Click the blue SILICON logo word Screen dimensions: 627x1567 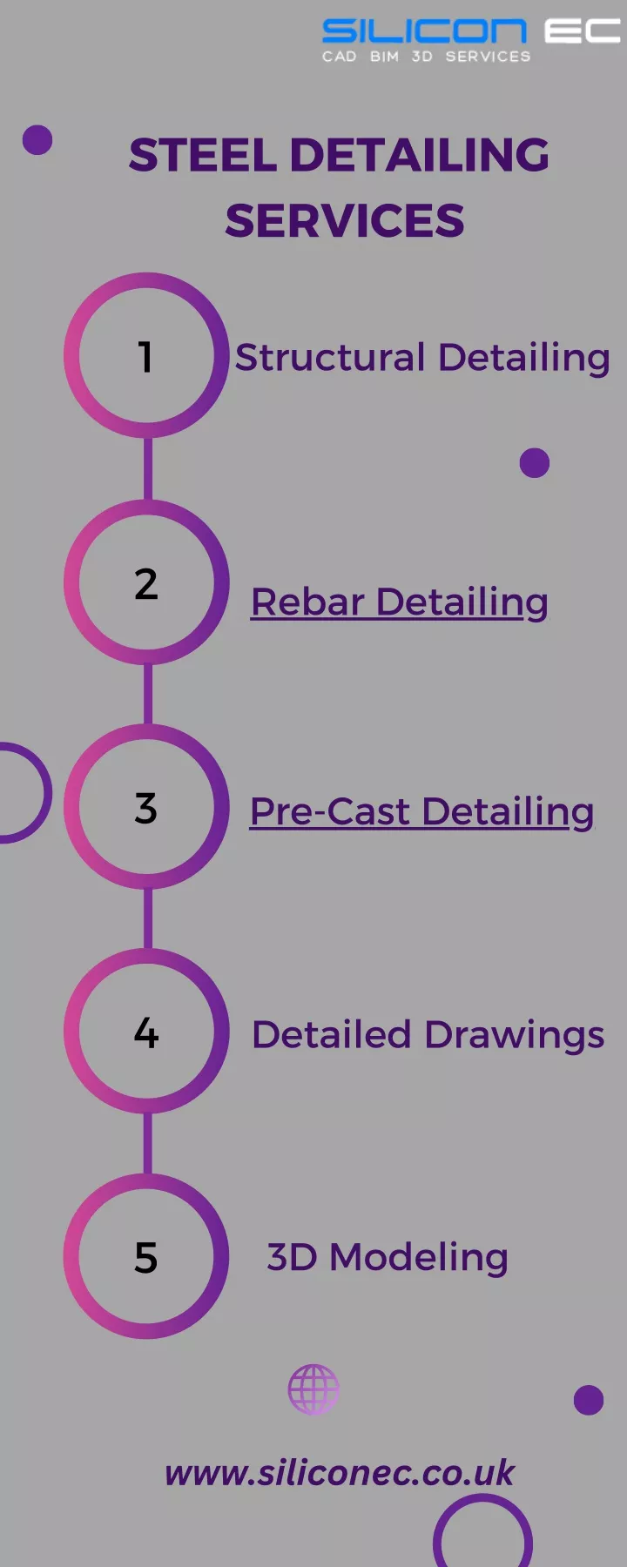coord(424,31)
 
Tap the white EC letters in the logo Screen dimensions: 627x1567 coord(583,31)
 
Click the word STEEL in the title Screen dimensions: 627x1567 coord(203,155)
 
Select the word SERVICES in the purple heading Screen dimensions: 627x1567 coord(345,220)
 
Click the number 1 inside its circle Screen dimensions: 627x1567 coord(145,357)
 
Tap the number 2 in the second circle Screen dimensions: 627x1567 coord(146,583)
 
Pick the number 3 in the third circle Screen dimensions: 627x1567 coord(146,808)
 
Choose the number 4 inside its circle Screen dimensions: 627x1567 coord(146,1033)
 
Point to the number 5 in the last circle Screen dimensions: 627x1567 coord(146,1258)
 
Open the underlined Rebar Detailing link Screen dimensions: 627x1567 coord(400,602)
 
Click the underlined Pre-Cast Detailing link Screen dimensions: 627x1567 coord(422,812)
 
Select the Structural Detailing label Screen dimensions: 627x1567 coord(422,358)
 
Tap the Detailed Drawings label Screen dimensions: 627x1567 coord(428,1035)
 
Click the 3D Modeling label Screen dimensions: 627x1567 coord(388,1258)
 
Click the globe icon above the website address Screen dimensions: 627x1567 coord(313,1389)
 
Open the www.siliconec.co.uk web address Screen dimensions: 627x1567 coord(340,1473)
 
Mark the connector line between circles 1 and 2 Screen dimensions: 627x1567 coord(147,468)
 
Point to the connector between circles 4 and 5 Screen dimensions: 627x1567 coord(147,1144)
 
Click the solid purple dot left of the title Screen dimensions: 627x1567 coord(37,139)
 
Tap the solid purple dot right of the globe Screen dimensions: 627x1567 coord(589,1400)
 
